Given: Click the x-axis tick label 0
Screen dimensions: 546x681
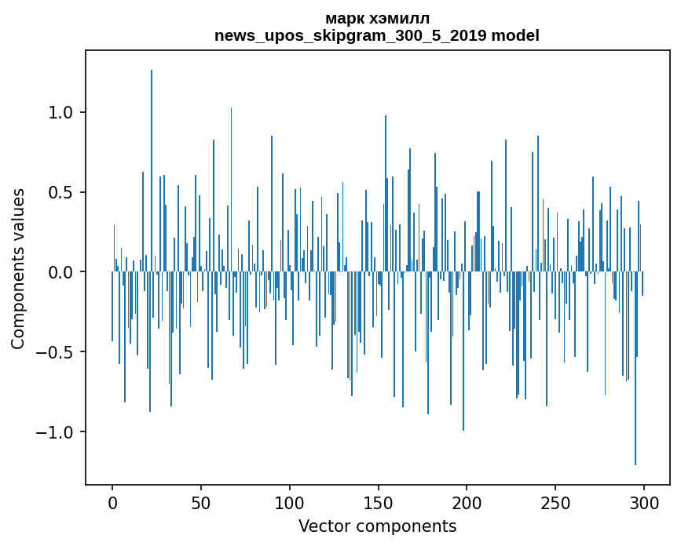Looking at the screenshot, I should (112, 502).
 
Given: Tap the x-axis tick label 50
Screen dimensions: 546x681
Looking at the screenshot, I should (201, 502).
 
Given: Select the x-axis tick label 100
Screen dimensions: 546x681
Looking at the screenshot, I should (290, 502).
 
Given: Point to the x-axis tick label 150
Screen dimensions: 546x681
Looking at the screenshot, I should (378, 502).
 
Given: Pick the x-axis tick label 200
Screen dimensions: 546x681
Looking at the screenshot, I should (467, 502).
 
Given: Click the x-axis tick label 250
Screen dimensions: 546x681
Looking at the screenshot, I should (555, 502).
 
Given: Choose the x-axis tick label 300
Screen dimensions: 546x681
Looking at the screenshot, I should (644, 502).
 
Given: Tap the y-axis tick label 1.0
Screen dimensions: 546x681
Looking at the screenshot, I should (60, 112).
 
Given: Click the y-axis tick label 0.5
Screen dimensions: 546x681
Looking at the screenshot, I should (60, 192).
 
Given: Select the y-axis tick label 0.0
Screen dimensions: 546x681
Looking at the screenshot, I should (60, 272).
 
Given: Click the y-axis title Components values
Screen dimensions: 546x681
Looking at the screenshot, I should (18, 268).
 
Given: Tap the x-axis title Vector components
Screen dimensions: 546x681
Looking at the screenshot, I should (377, 526).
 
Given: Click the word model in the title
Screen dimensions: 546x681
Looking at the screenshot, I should (515, 35).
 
